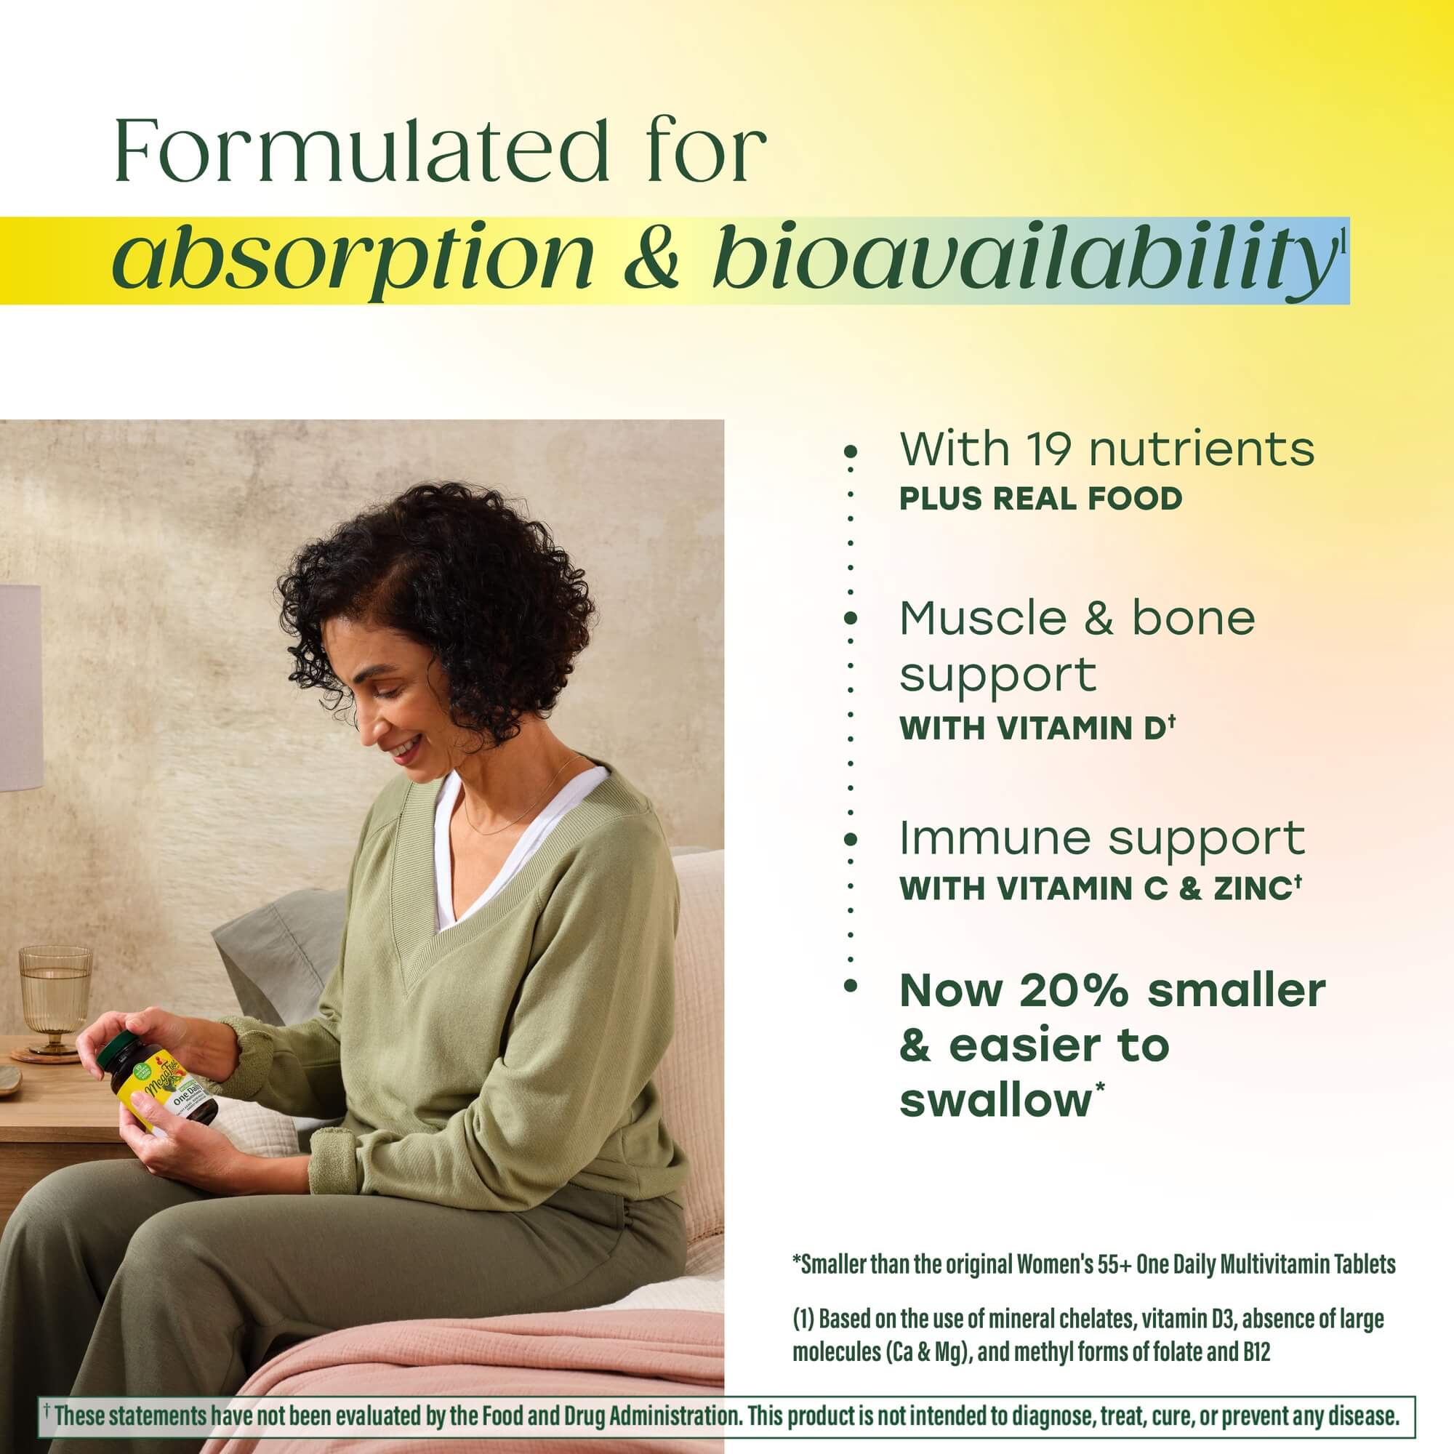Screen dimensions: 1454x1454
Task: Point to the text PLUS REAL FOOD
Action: point(1041,499)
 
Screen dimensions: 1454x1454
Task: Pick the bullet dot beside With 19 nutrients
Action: point(851,451)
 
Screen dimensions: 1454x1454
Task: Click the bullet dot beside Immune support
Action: point(851,840)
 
